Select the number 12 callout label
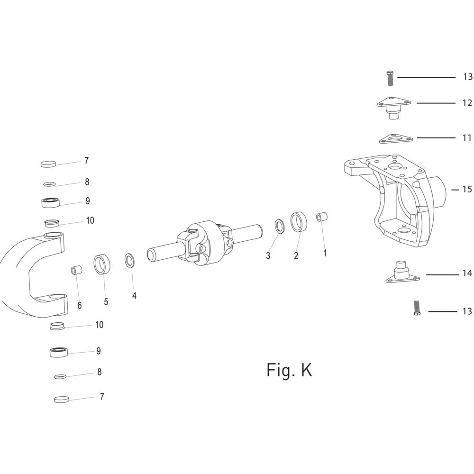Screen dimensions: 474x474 (467, 103)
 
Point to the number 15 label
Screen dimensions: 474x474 (467, 190)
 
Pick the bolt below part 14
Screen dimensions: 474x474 (417, 308)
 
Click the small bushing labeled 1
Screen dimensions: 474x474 (322, 217)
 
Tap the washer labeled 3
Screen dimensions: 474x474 (280, 227)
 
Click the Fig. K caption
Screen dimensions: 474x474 (289, 369)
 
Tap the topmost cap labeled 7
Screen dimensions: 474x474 (49, 164)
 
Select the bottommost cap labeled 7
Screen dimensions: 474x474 (62, 399)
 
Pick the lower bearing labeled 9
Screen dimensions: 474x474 (58, 353)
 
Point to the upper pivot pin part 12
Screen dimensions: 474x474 (393, 108)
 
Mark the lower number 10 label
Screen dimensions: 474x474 (99, 325)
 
